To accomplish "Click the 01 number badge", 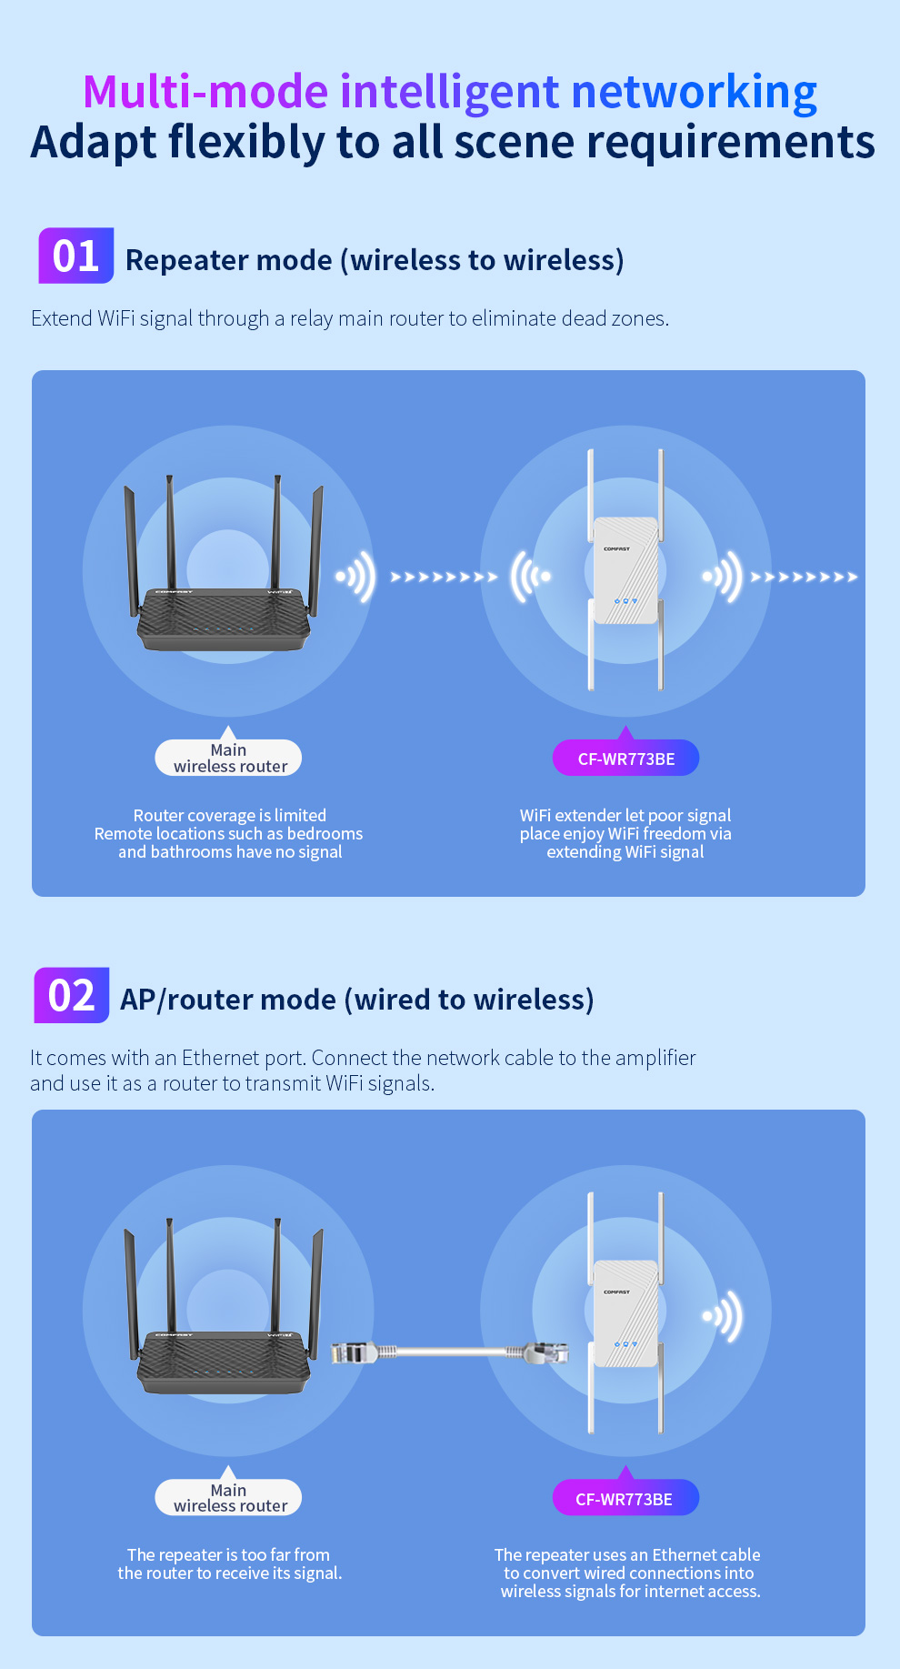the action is pos(75,256).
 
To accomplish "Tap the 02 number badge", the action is pos(72,995).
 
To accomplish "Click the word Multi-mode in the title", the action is pos(205,92).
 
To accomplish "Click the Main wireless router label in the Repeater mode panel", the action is pos(228,758).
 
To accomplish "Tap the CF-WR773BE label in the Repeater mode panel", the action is pos(626,758).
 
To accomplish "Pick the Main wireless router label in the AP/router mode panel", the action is pos(228,1497).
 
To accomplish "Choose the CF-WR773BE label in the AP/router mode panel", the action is pos(626,1497).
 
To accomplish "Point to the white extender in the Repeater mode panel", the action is pos(625,570).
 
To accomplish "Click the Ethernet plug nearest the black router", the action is pos(354,1352).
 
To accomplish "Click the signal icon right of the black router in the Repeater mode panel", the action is pos(355,577).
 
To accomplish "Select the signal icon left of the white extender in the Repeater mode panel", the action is pos(531,577).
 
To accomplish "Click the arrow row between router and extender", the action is pos(444,577).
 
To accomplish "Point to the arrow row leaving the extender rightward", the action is pos(804,577).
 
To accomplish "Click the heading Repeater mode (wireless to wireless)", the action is pos(375,260).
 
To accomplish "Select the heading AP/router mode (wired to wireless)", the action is pos(357,1000).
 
